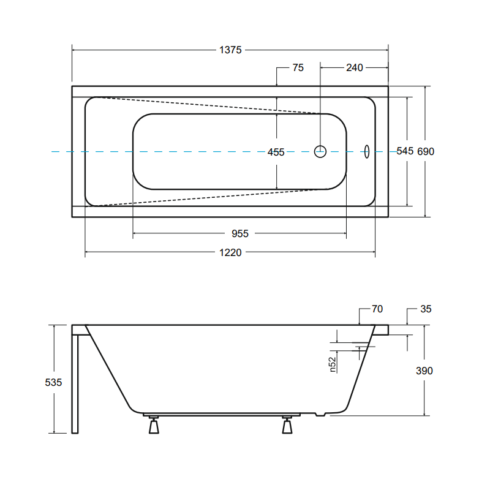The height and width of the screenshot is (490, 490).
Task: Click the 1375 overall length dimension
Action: [230, 50]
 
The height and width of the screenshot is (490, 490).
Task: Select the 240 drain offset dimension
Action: [355, 68]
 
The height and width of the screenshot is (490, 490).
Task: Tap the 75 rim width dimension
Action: [298, 68]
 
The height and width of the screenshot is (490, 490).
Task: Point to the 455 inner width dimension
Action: [276, 152]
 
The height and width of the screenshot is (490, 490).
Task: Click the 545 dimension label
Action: [405, 151]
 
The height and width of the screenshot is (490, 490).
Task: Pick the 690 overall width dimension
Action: [426, 151]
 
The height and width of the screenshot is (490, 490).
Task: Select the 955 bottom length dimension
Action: [240, 234]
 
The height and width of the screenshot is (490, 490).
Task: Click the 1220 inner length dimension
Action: [230, 252]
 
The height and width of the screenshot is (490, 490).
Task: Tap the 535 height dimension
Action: [53, 382]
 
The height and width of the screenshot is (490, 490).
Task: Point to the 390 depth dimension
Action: [424, 371]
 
